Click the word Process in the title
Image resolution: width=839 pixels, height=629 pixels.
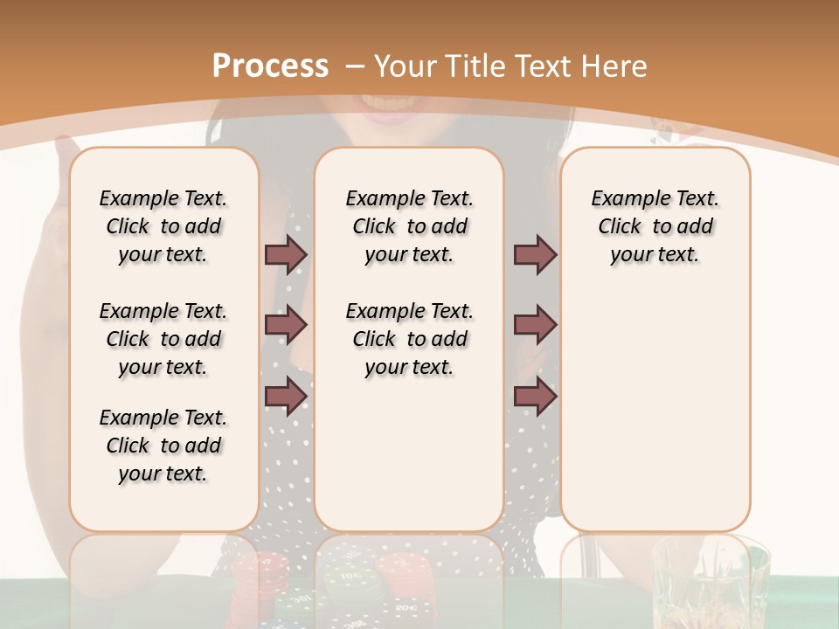(x=270, y=66)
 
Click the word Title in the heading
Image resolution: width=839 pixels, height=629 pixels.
(x=476, y=66)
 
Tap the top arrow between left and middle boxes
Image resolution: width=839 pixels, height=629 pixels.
(x=286, y=254)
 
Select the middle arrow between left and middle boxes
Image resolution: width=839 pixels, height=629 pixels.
(x=286, y=326)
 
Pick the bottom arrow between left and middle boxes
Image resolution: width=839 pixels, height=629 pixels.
(x=286, y=397)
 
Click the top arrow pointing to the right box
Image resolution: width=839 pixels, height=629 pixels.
(x=535, y=254)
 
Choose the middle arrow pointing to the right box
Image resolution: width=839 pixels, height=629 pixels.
(x=535, y=326)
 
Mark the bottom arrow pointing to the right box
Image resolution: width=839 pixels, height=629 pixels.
(x=535, y=397)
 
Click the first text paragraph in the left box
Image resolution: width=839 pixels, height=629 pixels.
(x=163, y=226)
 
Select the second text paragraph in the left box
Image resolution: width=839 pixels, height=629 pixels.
(x=163, y=339)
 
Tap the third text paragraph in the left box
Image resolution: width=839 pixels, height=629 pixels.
(x=163, y=446)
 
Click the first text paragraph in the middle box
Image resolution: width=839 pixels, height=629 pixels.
(x=409, y=226)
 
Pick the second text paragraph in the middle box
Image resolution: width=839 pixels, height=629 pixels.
(x=409, y=339)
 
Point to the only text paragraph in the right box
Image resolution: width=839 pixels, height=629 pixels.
(x=655, y=226)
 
